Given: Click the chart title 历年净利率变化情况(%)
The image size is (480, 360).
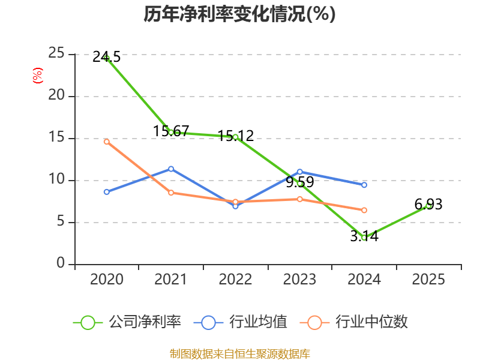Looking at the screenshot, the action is point(239,14).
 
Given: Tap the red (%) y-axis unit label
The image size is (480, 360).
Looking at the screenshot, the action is point(38,76).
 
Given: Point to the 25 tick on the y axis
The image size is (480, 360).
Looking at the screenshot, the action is point(56,53).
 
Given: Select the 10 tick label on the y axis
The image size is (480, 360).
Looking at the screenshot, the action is point(56,179).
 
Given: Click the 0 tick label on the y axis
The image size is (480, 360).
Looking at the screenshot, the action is point(61,263).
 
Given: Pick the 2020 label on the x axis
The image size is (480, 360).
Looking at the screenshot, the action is point(107,279).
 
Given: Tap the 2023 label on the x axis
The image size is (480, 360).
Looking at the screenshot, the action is point(299,279).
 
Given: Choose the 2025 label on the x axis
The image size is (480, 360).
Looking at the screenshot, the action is point(428,279).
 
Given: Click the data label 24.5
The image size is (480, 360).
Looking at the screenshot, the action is point(107,57).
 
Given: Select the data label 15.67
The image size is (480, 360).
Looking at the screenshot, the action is point(171,131).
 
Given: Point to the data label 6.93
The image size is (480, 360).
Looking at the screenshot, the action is point(428,205).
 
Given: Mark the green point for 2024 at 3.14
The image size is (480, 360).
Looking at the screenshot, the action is point(364,238).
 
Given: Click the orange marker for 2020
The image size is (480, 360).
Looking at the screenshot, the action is point(107,142).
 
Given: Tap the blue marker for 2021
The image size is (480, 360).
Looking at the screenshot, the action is point(171,169).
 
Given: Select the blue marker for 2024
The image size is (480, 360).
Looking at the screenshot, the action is point(364,185).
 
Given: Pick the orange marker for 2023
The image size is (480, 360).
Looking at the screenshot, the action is point(300,199).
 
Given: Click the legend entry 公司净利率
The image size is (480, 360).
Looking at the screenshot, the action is point(127,322).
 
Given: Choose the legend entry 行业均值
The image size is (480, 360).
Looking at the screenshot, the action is point(241,322).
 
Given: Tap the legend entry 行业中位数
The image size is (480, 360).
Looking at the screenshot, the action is point(353,322).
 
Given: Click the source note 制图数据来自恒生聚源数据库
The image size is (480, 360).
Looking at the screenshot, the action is point(240,354).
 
